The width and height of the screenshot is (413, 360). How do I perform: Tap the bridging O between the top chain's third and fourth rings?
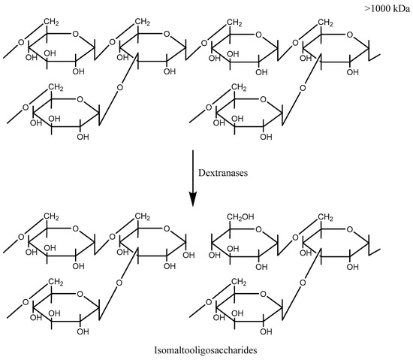297,42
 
